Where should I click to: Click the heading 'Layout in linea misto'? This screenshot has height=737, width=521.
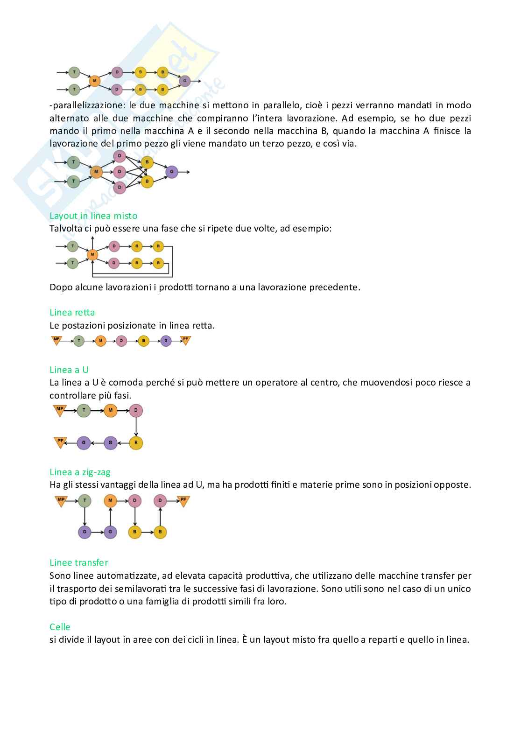coord(93,216)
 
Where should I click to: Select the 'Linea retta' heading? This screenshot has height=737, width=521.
coord(72,312)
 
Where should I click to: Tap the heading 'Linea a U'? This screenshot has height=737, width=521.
coord(69,370)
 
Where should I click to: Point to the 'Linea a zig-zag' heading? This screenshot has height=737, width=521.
coord(80,472)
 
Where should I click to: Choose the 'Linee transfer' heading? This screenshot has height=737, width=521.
coord(79,562)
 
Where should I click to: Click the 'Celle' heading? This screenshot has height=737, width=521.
coord(60,626)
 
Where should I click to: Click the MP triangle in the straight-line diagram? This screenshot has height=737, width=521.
coord(56,340)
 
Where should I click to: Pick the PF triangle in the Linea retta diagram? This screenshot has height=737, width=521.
coord(185,340)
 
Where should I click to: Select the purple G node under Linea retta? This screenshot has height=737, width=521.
coord(166,341)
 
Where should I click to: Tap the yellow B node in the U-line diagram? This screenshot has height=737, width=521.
coord(136,443)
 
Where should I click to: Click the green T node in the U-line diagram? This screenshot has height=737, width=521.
coord(84,411)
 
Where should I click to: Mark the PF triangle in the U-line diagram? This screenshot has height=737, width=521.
coord(60,442)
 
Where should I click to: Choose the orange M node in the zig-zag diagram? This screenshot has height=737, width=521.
coord(110,501)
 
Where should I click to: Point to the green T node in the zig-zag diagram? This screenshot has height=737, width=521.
coord(84,501)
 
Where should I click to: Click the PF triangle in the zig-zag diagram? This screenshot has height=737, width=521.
coord(183,500)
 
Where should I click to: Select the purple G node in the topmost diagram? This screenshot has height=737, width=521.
coord(185,81)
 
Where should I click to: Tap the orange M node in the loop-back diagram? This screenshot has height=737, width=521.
coord(92,254)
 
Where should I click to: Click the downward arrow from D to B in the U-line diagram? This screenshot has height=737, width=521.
coord(136,427)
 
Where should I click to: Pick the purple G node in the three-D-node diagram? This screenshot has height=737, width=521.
coord(171,172)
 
